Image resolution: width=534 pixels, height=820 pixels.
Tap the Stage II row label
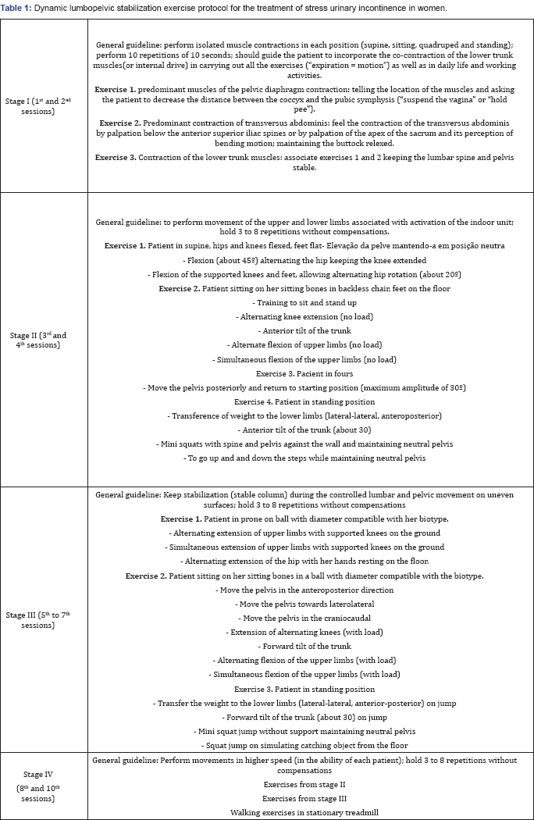pos(44,340)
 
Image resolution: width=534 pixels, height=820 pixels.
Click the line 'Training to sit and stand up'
pos(304,303)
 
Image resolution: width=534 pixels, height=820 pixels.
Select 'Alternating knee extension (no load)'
pos(304,317)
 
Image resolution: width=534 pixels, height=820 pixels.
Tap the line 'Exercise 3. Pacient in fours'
pos(304,373)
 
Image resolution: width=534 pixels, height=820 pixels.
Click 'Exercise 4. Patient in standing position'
pos(304,401)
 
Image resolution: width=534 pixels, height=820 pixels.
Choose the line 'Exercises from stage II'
pos(304,785)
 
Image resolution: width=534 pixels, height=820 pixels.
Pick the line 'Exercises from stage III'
pos(304,799)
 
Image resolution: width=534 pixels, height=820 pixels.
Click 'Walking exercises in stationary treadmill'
pos(304,813)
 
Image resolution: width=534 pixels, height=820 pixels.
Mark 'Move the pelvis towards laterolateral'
pos(304,604)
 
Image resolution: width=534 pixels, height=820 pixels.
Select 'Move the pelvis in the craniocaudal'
pos(304,618)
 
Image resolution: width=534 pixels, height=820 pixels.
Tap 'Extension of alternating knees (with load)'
pos(304,632)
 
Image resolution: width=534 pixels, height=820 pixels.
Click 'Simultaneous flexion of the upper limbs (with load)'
pos(304,674)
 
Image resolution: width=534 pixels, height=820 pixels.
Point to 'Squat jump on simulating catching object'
pos(304,744)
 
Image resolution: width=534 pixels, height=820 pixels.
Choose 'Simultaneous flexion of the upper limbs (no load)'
pos(304,359)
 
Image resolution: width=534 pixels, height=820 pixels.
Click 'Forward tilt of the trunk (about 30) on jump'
pos(304,716)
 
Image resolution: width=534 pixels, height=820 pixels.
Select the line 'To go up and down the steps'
pos(304,458)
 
